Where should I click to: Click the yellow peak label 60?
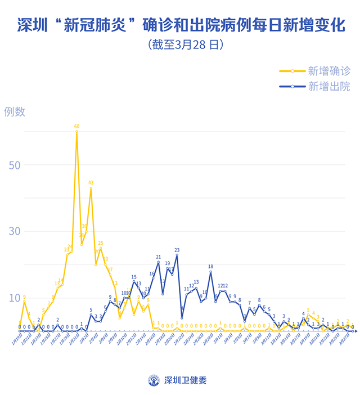(76, 127)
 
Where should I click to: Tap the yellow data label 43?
(91, 182)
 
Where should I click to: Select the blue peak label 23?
(177, 250)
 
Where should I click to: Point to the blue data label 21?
(158, 257)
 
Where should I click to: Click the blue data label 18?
(210, 267)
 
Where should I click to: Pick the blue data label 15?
(134, 277)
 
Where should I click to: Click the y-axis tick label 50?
(15, 165)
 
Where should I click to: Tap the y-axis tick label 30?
(15, 231)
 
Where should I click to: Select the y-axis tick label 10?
(15, 297)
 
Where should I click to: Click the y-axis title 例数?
(15, 111)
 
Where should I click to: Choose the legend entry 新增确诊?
(329, 71)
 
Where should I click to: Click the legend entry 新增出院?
(329, 86)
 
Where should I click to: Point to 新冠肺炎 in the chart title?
(99, 25)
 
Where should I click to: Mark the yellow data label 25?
(101, 244)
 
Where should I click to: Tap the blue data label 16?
(152, 274)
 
